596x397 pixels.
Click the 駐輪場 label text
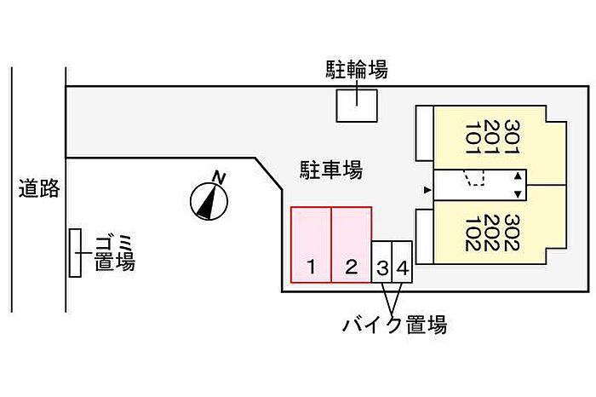point(357,69)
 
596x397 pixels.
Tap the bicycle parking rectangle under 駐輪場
point(357,106)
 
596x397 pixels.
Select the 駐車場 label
point(331,170)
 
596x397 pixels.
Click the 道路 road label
point(39,188)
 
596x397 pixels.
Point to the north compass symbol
point(209,201)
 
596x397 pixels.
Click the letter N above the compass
point(220,177)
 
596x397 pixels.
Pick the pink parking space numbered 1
point(311,245)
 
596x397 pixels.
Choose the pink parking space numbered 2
point(352,245)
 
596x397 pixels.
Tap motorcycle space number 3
point(381,262)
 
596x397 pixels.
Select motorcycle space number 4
point(402,262)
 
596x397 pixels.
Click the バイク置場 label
point(394,325)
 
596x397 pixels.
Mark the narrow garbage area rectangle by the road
point(75,253)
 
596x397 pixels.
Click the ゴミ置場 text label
point(114,252)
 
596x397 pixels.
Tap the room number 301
point(512,137)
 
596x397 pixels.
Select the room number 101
point(473,137)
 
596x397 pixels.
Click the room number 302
point(512,233)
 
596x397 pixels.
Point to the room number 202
point(492,233)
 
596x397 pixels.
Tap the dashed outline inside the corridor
point(474,178)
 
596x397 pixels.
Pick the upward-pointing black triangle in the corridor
point(518,176)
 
